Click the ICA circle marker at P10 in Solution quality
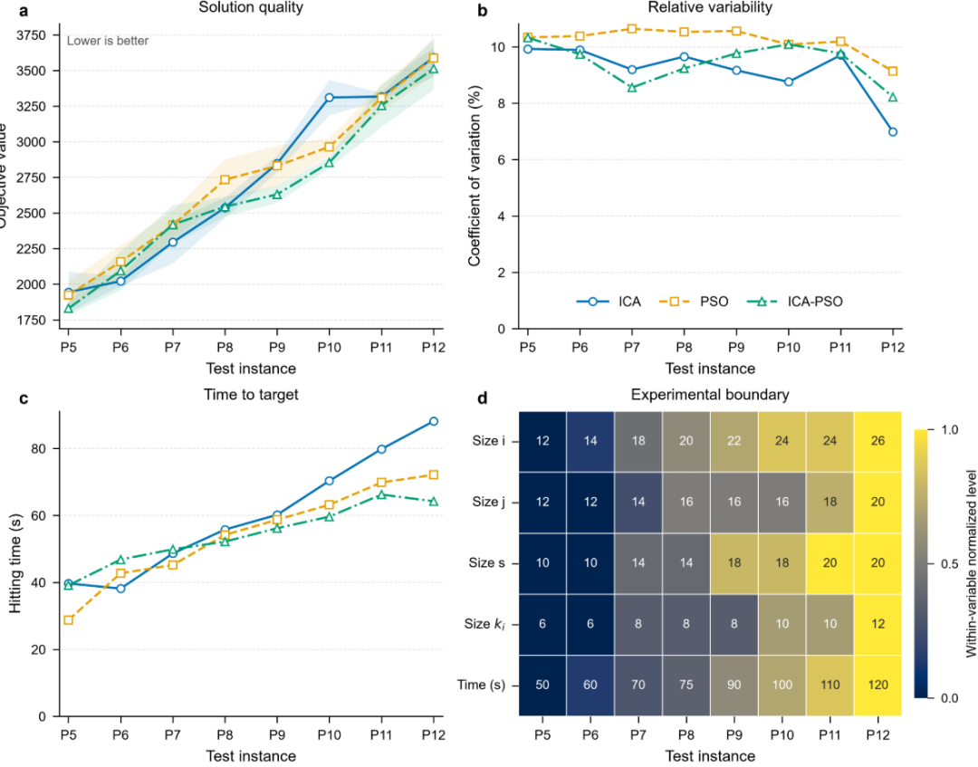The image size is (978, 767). click(330, 97)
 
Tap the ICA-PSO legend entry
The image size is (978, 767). click(795, 302)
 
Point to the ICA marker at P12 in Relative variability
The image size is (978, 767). click(893, 131)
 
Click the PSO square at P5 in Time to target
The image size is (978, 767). click(69, 619)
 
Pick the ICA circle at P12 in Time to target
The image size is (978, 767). click(434, 422)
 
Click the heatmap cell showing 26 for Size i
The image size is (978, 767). click(877, 441)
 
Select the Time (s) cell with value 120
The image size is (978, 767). click(877, 685)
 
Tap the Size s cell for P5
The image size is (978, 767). click(542, 563)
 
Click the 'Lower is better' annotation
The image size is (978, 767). click(108, 41)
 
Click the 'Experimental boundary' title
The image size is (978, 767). click(710, 395)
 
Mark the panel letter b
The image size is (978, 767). click(482, 10)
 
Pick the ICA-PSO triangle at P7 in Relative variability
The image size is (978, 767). click(632, 87)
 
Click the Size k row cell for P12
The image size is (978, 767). click(877, 624)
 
